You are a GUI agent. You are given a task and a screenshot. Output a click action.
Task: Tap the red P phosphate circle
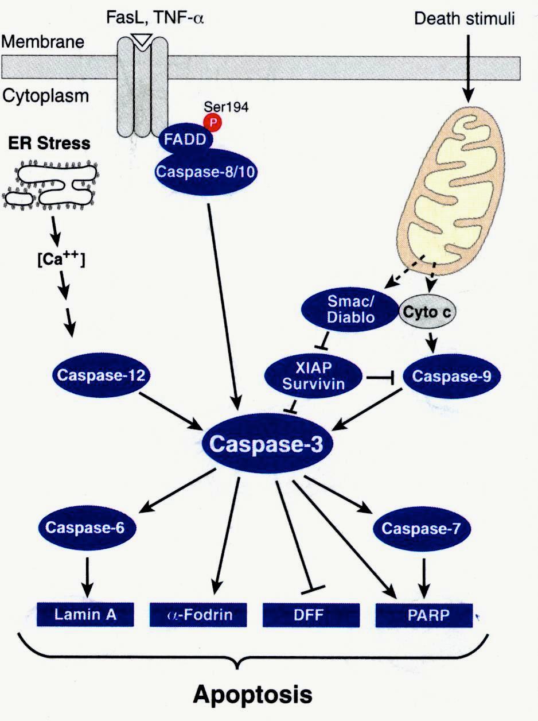click(x=217, y=123)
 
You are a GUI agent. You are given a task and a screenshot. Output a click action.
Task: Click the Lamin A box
click(x=86, y=615)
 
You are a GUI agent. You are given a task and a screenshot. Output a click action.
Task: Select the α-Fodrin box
click(x=199, y=615)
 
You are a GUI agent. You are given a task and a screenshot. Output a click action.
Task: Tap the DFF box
click(x=311, y=615)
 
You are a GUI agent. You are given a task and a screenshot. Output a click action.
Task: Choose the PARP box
click(x=424, y=615)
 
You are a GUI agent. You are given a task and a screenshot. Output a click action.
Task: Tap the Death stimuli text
click(x=465, y=19)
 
